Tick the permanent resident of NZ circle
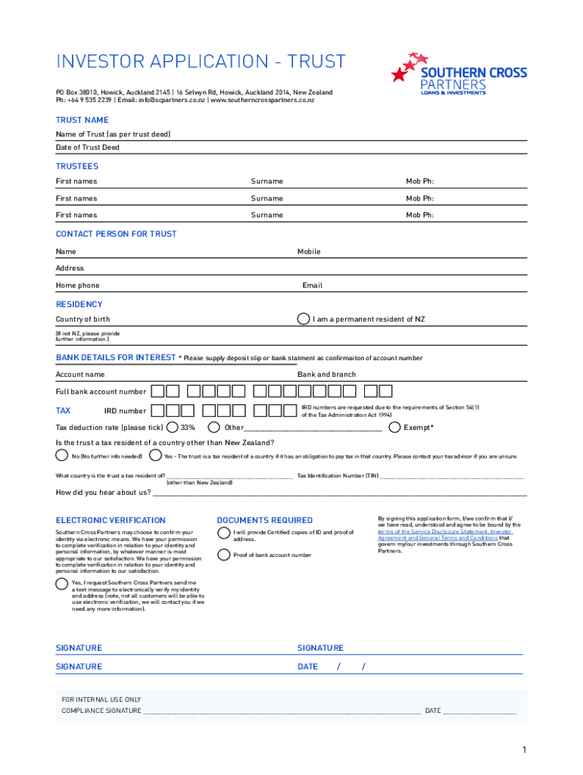[303, 319]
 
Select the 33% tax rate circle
[173, 428]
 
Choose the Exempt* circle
[394, 428]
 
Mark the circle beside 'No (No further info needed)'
[61, 456]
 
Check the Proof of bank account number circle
[224, 555]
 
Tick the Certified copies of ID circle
[224, 532]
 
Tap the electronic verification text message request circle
[61, 584]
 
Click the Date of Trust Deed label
[87, 148]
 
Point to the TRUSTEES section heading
[76, 167]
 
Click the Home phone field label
[77, 285]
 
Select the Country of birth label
[83, 319]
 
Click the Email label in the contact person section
[312, 285]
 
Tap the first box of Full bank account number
[157, 391]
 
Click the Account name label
[80, 375]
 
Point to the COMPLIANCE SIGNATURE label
[101, 711]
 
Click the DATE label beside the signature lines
[308, 667]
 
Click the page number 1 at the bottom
[523, 750]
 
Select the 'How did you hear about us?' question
[103, 493]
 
